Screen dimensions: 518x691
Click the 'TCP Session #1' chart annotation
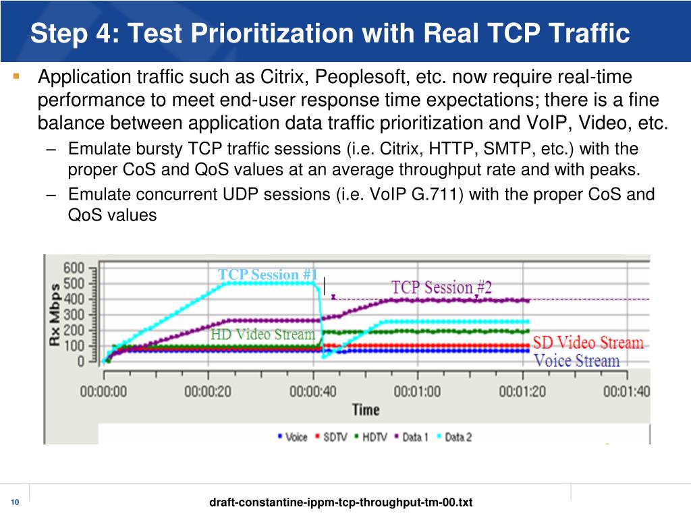click(x=267, y=275)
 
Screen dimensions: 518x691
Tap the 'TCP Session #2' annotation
click(x=441, y=287)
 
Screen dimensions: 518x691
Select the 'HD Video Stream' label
click(x=262, y=335)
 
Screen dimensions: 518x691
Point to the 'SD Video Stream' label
click(x=588, y=343)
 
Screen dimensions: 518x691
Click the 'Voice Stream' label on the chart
click(x=576, y=361)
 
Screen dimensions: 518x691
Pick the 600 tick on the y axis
click(x=74, y=268)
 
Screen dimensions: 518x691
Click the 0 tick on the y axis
click(x=81, y=362)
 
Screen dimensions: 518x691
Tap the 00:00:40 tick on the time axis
click(x=312, y=391)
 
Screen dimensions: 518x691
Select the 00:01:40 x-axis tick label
click(x=627, y=391)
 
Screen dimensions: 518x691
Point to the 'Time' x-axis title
click(x=365, y=409)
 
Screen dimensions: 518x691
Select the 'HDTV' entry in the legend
click(x=371, y=437)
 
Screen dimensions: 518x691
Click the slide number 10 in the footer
click(x=16, y=502)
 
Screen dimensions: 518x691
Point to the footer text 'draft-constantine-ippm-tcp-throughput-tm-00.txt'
click(x=341, y=502)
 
